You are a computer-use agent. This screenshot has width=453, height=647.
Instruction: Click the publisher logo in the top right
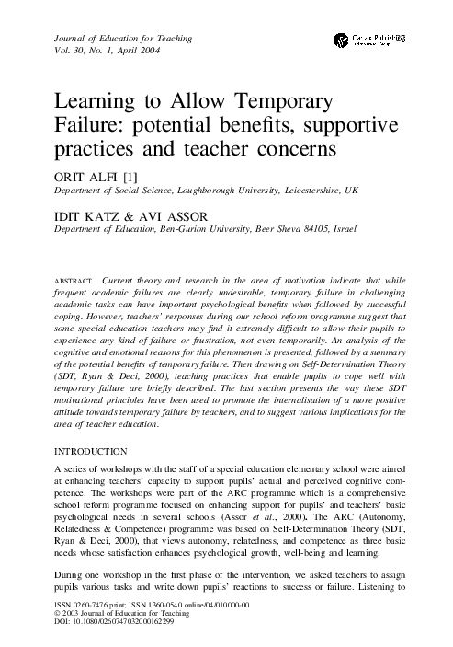click(x=373, y=39)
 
